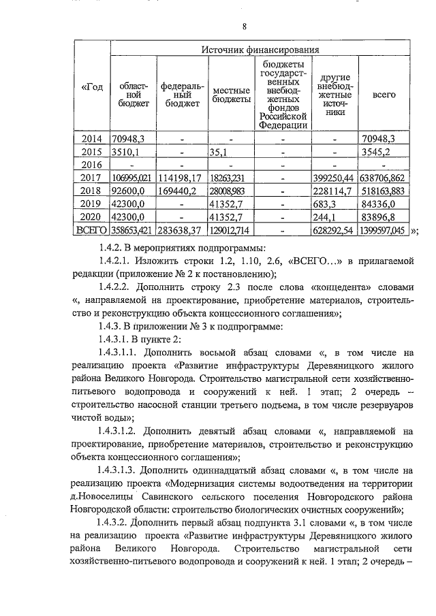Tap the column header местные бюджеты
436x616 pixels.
(x=230, y=95)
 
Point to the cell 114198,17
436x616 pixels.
(x=181, y=178)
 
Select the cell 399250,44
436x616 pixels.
(x=334, y=178)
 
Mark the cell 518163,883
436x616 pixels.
(x=384, y=191)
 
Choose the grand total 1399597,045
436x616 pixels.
(x=384, y=230)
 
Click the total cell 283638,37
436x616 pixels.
(x=181, y=230)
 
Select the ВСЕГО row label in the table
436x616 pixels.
(x=91, y=230)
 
